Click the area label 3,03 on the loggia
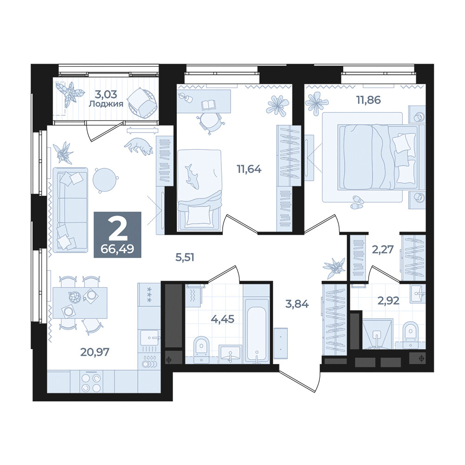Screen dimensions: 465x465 pyautogui.click(x=106, y=94)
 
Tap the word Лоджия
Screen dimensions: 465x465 pyautogui.click(x=106, y=104)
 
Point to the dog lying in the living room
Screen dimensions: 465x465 pyautogui.click(x=139, y=146)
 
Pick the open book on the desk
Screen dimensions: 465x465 pyautogui.click(x=209, y=105)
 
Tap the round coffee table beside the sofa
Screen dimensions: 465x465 pyautogui.click(x=105, y=179)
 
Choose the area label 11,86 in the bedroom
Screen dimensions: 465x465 pyautogui.click(x=368, y=100)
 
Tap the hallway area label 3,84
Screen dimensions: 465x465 pyautogui.click(x=297, y=304)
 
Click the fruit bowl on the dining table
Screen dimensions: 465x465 pyautogui.click(x=74, y=297)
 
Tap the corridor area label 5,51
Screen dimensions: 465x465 pyautogui.click(x=185, y=257)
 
